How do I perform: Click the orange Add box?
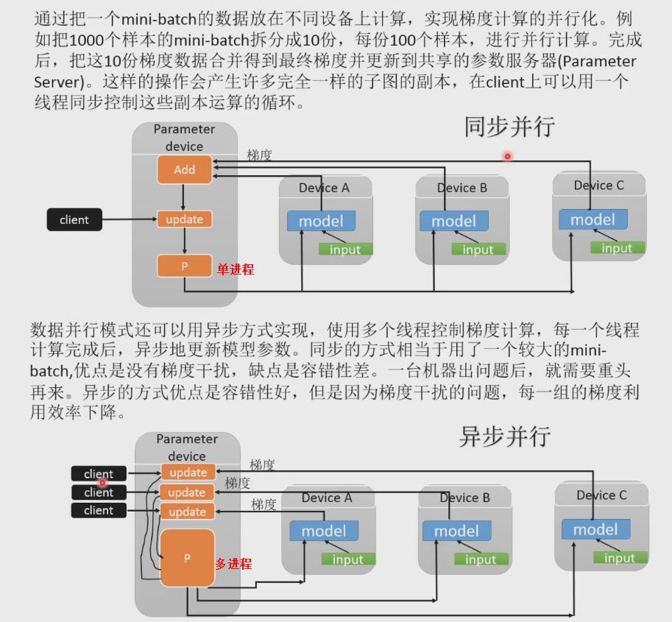[x=184, y=169]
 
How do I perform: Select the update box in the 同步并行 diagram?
[x=184, y=219]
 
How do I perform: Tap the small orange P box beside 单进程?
[x=184, y=266]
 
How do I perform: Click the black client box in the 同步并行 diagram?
[x=74, y=219]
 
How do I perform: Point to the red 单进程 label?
[x=235, y=269]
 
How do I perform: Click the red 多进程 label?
[x=233, y=563]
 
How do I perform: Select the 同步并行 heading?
[x=509, y=127]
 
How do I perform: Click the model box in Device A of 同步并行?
[x=321, y=221]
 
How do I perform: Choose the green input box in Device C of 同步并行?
[x=617, y=248]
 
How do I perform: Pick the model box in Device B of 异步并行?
[x=456, y=531]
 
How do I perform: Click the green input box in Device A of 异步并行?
[x=347, y=559]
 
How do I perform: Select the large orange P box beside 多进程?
[x=187, y=558]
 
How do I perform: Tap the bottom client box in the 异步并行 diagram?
[x=99, y=510]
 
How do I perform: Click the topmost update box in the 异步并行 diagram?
[x=188, y=472]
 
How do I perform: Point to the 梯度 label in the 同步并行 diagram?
[x=259, y=155]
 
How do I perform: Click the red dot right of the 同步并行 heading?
[x=507, y=156]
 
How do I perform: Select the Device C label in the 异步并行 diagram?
[x=601, y=495]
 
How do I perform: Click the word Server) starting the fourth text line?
[x=54, y=81]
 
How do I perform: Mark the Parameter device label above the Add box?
[x=184, y=138]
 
